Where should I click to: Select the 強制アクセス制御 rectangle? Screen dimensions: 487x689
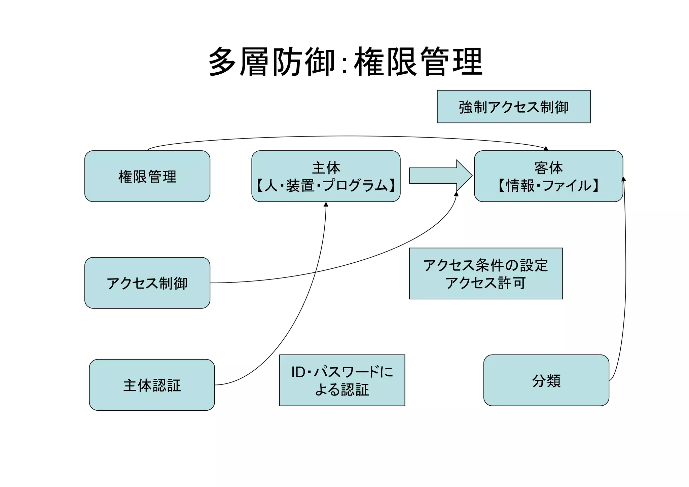513,107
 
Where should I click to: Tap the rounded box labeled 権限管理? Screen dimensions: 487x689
147,176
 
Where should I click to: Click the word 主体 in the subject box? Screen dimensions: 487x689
326,168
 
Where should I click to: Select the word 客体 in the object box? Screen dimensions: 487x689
548,168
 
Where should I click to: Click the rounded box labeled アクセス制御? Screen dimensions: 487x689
147,283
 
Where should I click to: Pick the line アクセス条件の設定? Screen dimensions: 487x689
485,265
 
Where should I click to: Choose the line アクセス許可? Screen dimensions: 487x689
485,283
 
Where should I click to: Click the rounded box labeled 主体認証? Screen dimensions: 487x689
152,385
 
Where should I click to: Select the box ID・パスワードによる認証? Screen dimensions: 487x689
342,380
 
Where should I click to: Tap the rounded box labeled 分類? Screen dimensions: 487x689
546,380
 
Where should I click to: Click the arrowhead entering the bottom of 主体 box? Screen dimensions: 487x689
326,204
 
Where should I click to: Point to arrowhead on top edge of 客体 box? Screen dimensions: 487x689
546,149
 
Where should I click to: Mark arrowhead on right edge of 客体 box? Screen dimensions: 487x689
623,179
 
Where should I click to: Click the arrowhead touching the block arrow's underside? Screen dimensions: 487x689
456,194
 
